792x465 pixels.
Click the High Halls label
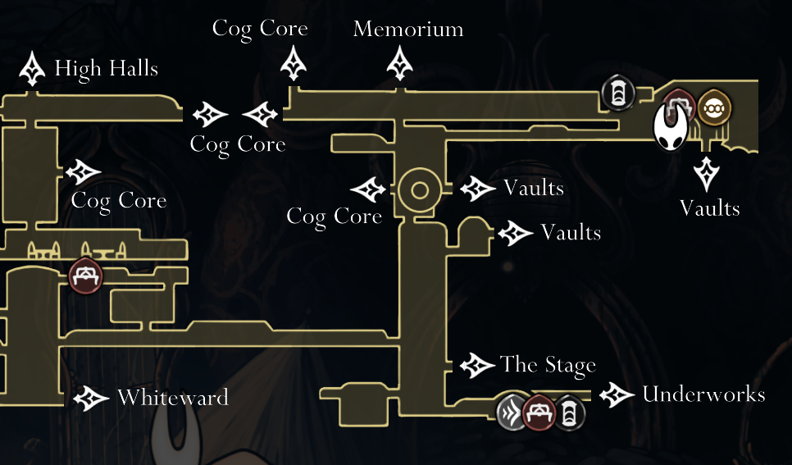(x=106, y=68)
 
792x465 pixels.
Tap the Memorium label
(x=407, y=30)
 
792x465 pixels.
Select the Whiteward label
(x=172, y=399)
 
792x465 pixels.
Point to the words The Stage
(x=548, y=365)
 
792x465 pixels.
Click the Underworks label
(x=703, y=394)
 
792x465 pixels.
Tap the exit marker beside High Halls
(x=32, y=69)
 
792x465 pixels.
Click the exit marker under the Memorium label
(x=401, y=63)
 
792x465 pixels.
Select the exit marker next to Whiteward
(x=91, y=399)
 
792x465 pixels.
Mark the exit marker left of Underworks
(x=617, y=395)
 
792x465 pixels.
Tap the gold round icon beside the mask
(x=714, y=107)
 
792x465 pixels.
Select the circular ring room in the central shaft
(x=420, y=192)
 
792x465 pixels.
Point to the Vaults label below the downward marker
(x=710, y=208)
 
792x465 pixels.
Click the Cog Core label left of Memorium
(x=260, y=28)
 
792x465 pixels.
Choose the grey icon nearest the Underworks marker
(x=569, y=413)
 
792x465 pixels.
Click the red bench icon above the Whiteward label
(x=85, y=276)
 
